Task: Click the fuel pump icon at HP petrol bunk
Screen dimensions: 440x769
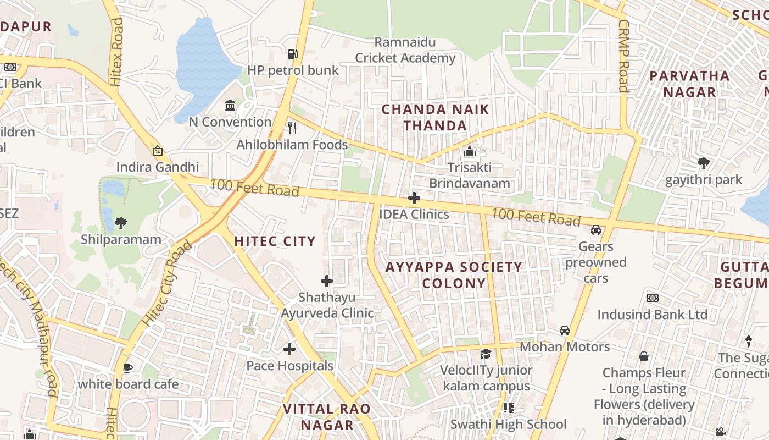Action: coord(293,53)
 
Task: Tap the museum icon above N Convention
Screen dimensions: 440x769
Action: coord(230,105)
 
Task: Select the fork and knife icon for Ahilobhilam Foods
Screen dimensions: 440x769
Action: coord(292,128)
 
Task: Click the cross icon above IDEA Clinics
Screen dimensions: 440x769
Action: coord(414,198)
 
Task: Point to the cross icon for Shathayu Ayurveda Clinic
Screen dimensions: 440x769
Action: coord(327,281)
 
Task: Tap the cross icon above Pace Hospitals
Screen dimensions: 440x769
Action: coord(289,349)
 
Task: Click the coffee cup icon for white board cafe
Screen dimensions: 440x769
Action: coord(128,367)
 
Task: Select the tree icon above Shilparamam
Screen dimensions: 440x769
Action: coord(121,223)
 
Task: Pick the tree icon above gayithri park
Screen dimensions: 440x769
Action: coord(703,163)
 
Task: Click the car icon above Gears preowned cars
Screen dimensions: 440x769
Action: coord(596,230)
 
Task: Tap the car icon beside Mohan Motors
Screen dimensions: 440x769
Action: coord(564,331)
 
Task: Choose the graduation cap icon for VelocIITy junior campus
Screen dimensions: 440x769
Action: coord(486,354)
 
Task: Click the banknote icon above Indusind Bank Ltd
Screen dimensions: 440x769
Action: coord(653,298)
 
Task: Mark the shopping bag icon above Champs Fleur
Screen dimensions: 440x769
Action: coord(644,356)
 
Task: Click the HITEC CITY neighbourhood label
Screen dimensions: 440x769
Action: coord(275,241)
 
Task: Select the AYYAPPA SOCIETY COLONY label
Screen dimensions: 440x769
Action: coord(454,275)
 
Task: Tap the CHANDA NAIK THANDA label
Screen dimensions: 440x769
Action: coord(435,117)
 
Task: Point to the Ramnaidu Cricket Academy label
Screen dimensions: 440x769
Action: coord(405,50)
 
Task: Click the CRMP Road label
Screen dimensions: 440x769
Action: coord(623,56)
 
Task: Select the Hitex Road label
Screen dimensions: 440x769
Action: coord(116,52)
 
